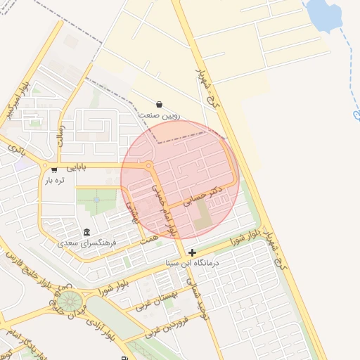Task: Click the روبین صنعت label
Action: pos(160,115)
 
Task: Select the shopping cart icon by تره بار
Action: pos(55,169)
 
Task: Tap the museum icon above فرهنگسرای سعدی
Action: pos(86,233)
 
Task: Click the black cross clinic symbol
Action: pos(193,252)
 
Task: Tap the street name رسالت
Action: pos(62,131)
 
